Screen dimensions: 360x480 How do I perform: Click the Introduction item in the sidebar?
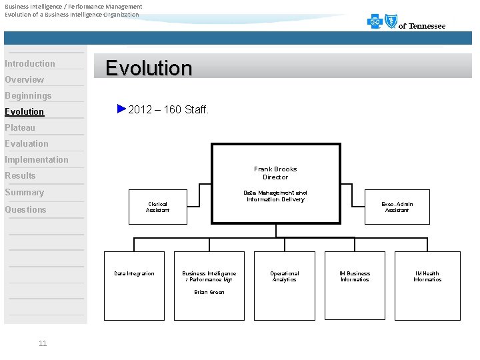tap(30, 64)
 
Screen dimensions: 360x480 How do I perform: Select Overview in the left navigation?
tap(25, 80)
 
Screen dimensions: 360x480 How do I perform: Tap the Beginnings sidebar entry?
tap(28, 96)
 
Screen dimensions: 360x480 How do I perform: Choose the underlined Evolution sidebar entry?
tap(25, 112)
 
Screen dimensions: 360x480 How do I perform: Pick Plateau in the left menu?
tap(20, 128)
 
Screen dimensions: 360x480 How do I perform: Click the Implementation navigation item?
tap(37, 160)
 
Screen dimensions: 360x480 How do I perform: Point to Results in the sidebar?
tap(20, 176)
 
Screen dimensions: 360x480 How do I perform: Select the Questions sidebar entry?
tap(25, 209)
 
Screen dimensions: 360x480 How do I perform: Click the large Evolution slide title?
tap(149, 69)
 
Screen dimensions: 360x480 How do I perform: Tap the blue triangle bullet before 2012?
tap(121, 109)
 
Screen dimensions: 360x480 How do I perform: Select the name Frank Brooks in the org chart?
tap(275, 169)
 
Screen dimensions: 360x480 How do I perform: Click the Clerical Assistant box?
tap(157, 207)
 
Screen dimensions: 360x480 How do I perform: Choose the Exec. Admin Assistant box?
tap(397, 207)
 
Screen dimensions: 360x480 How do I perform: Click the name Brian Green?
tap(209, 292)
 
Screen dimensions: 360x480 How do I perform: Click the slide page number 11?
tap(43, 343)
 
